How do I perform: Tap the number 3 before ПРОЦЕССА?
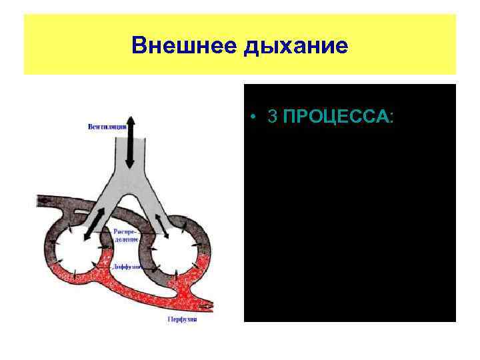click(x=271, y=117)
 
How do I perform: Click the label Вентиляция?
click(x=107, y=127)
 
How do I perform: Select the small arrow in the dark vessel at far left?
click(x=44, y=200)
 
